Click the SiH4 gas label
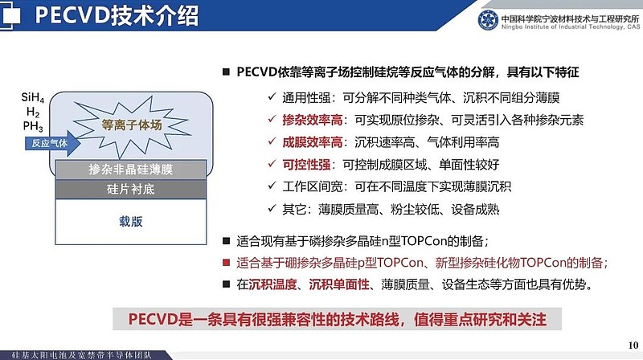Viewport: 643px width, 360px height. (x=33, y=99)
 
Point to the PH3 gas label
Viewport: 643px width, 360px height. (x=33, y=126)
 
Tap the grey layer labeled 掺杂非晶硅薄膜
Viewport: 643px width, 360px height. (x=131, y=170)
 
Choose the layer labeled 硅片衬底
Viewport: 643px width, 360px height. (x=131, y=189)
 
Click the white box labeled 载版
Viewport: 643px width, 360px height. (x=131, y=221)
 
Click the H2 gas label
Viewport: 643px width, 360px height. (x=32, y=112)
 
